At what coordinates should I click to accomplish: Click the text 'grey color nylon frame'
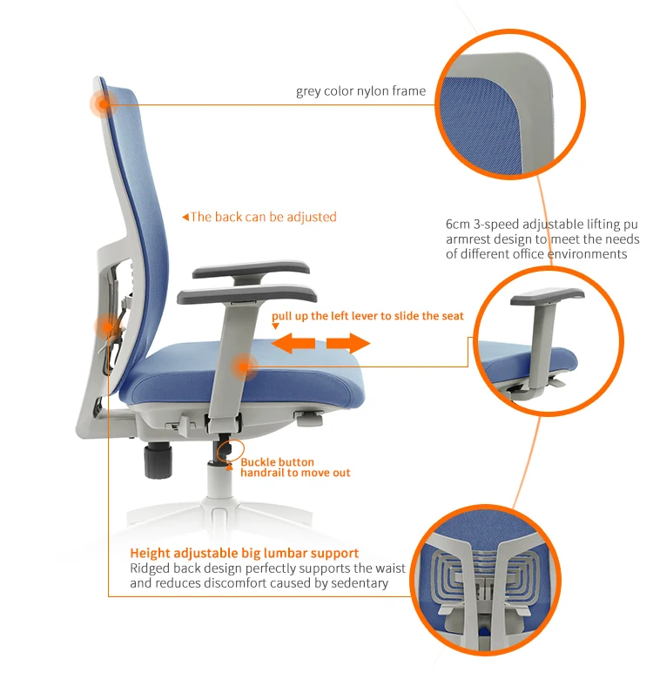360,91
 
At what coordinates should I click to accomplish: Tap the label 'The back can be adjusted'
263,217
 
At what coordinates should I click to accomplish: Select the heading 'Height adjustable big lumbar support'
244,553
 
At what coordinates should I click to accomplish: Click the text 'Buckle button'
277,461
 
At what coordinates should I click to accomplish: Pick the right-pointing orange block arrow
349,345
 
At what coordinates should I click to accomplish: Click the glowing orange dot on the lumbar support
106,326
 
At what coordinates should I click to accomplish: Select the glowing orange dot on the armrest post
245,368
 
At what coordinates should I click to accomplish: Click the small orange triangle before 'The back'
185,217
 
